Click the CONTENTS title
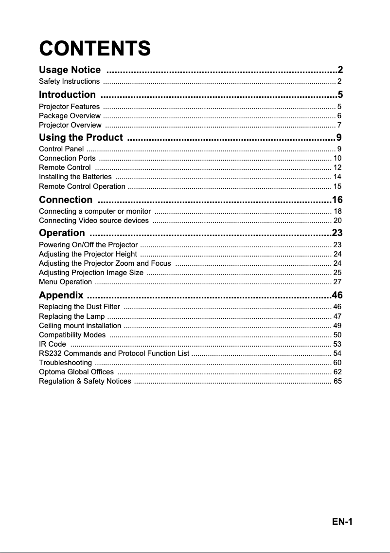point(95,49)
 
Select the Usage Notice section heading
point(70,70)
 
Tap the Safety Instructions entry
point(69,81)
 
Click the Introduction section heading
point(67,94)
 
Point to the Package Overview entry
point(70,116)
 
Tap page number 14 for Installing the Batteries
point(337,177)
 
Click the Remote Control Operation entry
point(82,186)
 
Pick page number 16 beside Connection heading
point(337,200)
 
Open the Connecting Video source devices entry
point(94,221)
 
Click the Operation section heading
point(62,233)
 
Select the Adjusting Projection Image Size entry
point(91,272)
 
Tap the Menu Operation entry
point(65,282)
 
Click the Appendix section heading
point(61,295)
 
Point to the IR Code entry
point(52,344)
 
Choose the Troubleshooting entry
point(65,363)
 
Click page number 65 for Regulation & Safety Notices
point(337,381)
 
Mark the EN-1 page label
point(342,522)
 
